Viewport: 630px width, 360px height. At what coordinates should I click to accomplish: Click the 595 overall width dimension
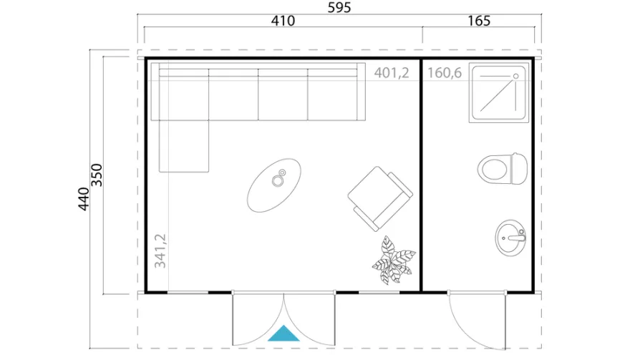tap(339, 7)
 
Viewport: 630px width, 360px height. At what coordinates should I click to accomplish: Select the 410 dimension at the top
tap(283, 21)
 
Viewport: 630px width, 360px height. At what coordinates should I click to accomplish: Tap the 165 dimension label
tap(479, 21)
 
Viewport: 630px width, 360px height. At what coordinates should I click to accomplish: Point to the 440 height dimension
tap(84, 198)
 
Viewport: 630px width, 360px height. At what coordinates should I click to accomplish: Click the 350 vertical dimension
tap(97, 175)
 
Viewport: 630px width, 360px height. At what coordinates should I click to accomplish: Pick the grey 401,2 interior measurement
tap(392, 73)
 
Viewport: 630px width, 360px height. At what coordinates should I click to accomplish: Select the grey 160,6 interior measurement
tap(445, 73)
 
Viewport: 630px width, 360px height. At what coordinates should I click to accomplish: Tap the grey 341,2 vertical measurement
tap(160, 250)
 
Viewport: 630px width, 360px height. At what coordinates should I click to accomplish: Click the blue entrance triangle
tap(283, 333)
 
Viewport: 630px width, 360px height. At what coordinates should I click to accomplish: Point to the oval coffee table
tap(274, 185)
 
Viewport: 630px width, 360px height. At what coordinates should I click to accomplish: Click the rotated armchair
tap(380, 199)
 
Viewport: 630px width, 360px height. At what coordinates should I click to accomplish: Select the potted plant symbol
tap(394, 261)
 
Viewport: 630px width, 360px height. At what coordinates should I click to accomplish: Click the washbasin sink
tap(510, 238)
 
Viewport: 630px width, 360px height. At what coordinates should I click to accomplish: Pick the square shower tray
tap(498, 93)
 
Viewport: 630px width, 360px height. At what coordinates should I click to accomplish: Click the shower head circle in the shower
tap(516, 76)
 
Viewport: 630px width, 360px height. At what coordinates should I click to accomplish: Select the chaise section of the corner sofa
tap(184, 146)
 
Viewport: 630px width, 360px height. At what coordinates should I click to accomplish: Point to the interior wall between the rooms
tap(421, 175)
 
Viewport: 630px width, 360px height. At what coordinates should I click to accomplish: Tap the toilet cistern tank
tap(519, 169)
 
